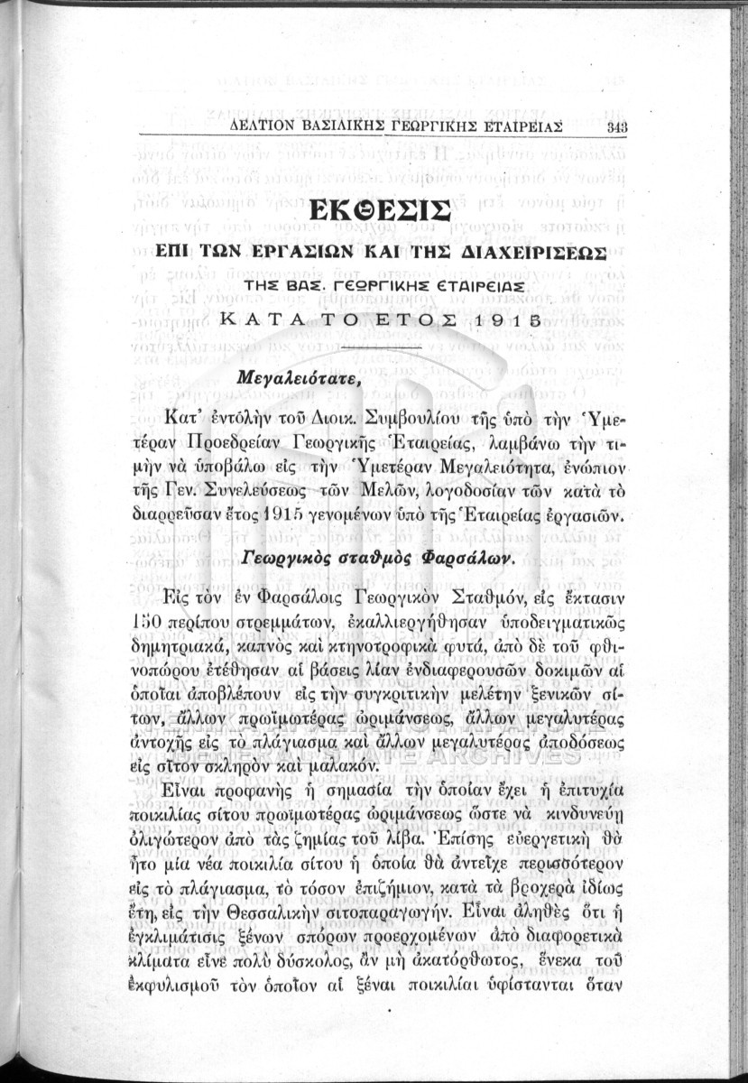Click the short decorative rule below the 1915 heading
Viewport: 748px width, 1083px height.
tap(383, 347)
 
